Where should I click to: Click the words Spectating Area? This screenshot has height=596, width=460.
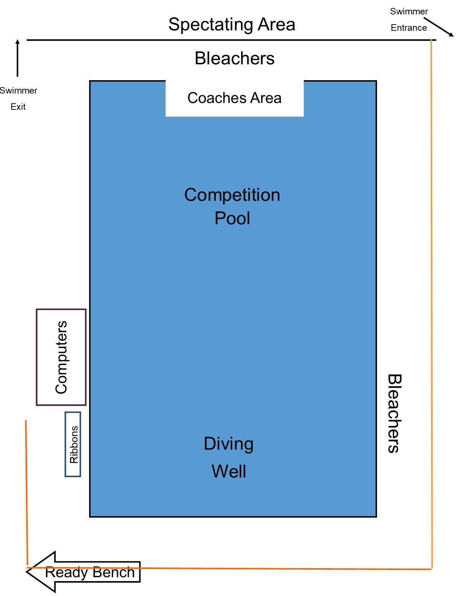coord(232,25)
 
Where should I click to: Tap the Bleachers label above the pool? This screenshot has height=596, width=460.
coord(235,59)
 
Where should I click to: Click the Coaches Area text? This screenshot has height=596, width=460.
coord(235,98)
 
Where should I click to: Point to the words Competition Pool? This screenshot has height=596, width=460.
coord(232,206)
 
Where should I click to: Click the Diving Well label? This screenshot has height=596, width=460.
coord(229,457)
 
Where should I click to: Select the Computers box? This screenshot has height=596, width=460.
coord(61,357)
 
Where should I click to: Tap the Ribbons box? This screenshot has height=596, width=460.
coord(73,444)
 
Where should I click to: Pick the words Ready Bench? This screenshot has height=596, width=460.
coord(90,573)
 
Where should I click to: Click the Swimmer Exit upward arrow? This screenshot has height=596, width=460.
coord(17,58)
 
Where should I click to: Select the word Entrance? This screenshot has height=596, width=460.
coord(409,28)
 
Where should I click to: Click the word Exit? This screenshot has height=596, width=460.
coord(18,107)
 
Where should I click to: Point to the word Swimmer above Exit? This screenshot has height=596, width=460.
coord(18,91)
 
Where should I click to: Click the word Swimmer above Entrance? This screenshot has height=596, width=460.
coord(409,12)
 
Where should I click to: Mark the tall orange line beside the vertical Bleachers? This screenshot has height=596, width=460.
coord(431,289)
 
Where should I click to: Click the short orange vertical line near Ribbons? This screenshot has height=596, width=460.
coord(26,491)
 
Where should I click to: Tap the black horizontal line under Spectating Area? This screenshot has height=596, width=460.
coord(231,40)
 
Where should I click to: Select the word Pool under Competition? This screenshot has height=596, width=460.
coord(232,219)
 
